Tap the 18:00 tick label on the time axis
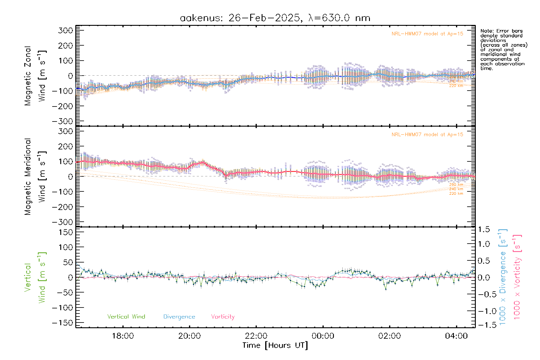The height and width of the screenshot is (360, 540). pyautogui.click(x=123, y=336)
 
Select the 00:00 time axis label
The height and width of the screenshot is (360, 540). pyautogui.click(x=323, y=336)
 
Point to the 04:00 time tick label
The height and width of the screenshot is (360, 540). pyautogui.click(x=456, y=336)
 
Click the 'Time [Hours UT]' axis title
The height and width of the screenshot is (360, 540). pyautogui.click(x=275, y=345)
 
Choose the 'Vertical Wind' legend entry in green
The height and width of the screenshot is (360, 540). pyautogui.click(x=126, y=316)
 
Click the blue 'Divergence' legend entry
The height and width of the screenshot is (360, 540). pyautogui.click(x=179, y=316)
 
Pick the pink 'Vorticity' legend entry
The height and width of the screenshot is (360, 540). pyautogui.click(x=223, y=316)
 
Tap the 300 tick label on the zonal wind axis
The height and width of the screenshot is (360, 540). pyautogui.click(x=66, y=30)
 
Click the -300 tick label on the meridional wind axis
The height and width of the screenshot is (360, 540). pyautogui.click(x=63, y=222)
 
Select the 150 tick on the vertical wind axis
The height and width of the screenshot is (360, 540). pyautogui.click(x=66, y=232)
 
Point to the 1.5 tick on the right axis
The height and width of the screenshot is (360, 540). pyautogui.click(x=484, y=229)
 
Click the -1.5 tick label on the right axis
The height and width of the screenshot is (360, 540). pyautogui.click(x=484, y=325)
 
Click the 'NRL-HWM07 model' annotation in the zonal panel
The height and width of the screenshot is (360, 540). pyautogui.click(x=427, y=34)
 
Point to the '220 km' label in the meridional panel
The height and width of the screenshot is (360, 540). pyautogui.click(x=456, y=193)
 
